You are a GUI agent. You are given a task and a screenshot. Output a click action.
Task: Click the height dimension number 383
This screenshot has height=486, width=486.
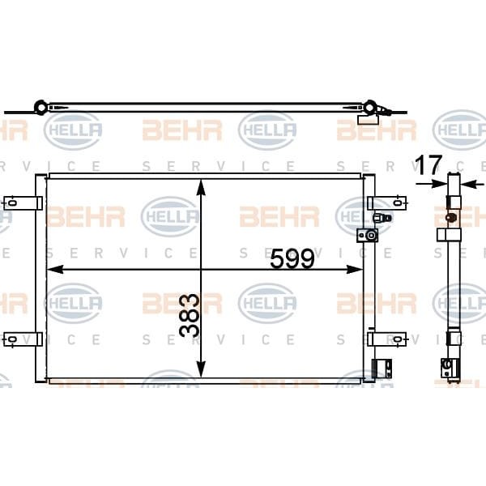coord(190,315)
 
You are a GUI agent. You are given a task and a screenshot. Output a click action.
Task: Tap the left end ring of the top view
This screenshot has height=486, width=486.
coord(40,106)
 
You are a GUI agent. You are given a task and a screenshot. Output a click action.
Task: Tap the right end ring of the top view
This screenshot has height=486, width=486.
coord(371,107)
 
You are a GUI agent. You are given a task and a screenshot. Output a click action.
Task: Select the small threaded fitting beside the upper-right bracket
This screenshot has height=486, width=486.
coord(383,218)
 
